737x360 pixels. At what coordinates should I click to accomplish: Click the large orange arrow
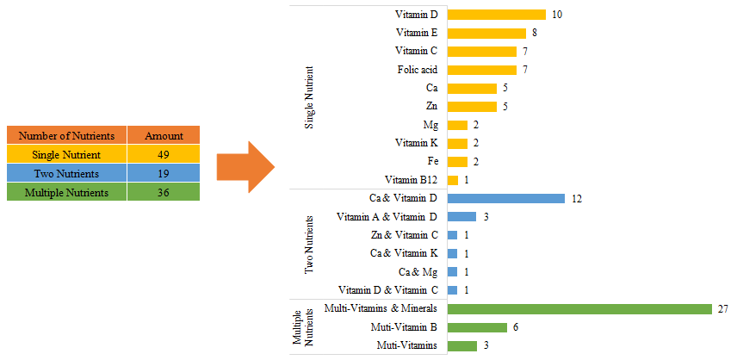pyautogui.click(x=246, y=167)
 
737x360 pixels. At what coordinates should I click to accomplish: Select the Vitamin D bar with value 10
pyautogui.click(x=497, y=15)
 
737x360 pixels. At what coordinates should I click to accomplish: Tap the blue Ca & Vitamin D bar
pyautogui.click(x=506, y=198)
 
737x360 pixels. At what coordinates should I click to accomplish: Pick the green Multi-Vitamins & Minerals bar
pyautogui.click(x=579, y=308)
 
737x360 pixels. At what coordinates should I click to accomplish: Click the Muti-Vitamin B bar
pyautogui.click(x=477, y=327)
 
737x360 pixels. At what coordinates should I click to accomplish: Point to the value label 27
pyautogui.click(x=723, y=308)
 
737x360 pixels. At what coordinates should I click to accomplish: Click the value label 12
pyautogui.click(x=577, y=198)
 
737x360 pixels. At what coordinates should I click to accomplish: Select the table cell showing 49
pyautogui.click(x=164, y=154)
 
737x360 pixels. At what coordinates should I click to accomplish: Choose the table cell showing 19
pyautogui.click(x=164, y=173)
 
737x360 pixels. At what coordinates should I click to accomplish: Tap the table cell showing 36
pyautogui.click(x=164, y=192)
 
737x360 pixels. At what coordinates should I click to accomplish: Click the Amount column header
pyautogui.click(x=164, y=135)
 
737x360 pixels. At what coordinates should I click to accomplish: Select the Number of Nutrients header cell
pyautogui.click(x=66, y=135)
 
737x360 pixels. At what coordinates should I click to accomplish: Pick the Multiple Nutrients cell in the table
pyautogui.click(x=66, y=192)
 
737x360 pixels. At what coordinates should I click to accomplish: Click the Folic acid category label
pyautogui.click(x=417, y=70)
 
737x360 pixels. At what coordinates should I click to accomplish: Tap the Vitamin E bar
pyautogui.click(x=486, y=34)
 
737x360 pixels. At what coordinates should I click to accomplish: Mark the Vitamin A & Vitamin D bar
pyautogui.click(x=462, y=216)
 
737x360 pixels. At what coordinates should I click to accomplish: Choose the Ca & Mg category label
pyautogui.click(x=419, y=271)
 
